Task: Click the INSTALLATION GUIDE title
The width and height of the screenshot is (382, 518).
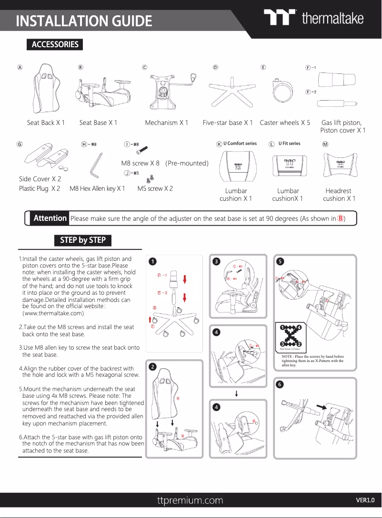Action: pos(84,21)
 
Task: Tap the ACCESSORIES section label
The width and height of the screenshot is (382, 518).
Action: pos(55,44)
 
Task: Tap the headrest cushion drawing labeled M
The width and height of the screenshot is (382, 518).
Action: pos(340,166)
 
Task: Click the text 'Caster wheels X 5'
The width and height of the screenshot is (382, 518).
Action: pos(285,123)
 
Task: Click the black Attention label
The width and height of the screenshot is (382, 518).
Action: pos(50,218)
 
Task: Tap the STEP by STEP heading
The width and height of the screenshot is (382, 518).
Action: pos(83,240)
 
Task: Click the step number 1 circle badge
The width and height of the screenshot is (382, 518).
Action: pos(151,261)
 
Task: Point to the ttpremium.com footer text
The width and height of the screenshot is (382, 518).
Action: pos(190,500)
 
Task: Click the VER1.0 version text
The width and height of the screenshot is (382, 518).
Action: pos(365,500)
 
